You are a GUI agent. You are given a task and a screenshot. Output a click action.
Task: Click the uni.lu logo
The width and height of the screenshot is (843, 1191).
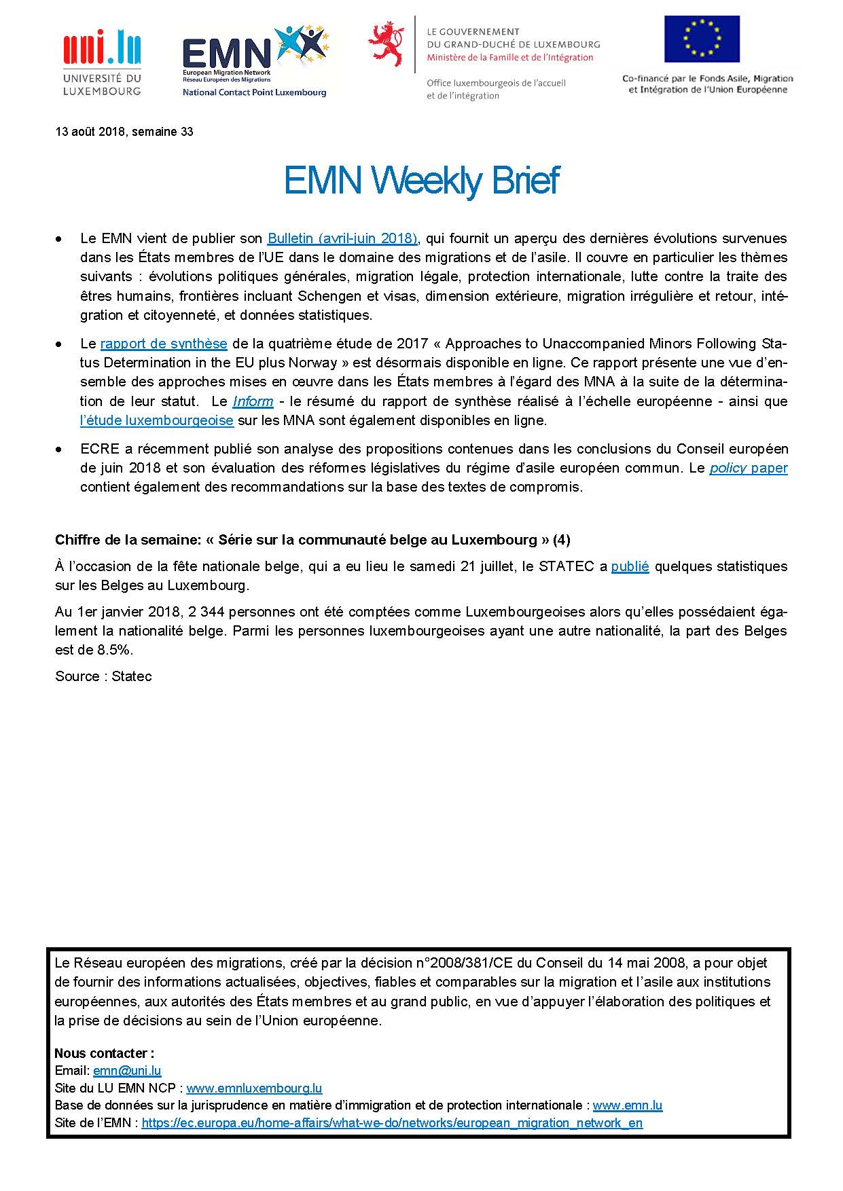[102, 61]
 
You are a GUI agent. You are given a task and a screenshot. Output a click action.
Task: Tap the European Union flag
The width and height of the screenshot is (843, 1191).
[702, 39]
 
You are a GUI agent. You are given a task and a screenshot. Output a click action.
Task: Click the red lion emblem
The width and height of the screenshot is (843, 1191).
[386, 43]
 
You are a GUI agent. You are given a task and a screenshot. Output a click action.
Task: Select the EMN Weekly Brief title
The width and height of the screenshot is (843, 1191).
[421, 181]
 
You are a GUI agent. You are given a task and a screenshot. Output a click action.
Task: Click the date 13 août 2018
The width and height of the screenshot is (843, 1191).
[91, 132]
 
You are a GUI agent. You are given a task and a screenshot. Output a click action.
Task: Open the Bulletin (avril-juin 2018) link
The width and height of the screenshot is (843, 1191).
[342, 238]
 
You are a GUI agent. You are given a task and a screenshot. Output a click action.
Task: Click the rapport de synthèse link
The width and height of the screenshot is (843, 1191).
[164, 344]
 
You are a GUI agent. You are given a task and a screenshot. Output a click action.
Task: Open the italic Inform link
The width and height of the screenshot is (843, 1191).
[253, 401]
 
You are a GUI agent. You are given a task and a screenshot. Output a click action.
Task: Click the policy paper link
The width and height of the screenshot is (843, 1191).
[749, 468]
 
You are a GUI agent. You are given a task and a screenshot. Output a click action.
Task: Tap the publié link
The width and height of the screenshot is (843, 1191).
[630, 566]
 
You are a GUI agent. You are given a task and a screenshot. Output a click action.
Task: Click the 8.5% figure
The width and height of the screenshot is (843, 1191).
[114, 650]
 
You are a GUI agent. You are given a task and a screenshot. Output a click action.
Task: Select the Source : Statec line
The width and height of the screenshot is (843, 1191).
[103, 676]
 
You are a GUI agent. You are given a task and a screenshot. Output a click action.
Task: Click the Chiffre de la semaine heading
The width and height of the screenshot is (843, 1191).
[312, 540]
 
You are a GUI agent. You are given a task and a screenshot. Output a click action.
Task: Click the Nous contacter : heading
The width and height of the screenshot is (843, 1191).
[104, 1053]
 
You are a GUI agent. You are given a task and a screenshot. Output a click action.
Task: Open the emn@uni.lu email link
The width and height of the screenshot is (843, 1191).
[127, 1071]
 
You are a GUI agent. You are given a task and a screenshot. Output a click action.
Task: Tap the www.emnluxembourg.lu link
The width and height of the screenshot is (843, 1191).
[254, 1088]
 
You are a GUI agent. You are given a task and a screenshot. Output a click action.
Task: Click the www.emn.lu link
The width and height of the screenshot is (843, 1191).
[627, 1105]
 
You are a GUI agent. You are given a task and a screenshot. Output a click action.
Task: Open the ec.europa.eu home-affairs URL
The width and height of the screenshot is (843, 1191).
[392, 1122]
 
